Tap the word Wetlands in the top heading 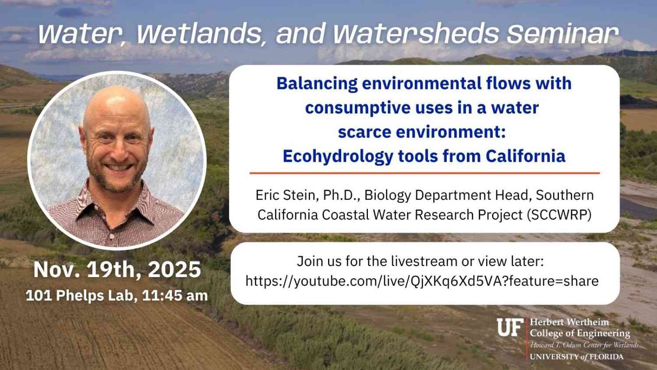(x=199, y=34)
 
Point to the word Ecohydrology (x=338, y=156)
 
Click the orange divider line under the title (x=425, y=173)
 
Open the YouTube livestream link (x=422, y=281)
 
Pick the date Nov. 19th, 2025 (x=117, y=269)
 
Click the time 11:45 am (x=175, y=295)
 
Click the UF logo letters (x=510, y=327)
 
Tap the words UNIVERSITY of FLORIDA (x=576, y=357)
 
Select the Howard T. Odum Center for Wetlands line (x=584, y=345)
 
